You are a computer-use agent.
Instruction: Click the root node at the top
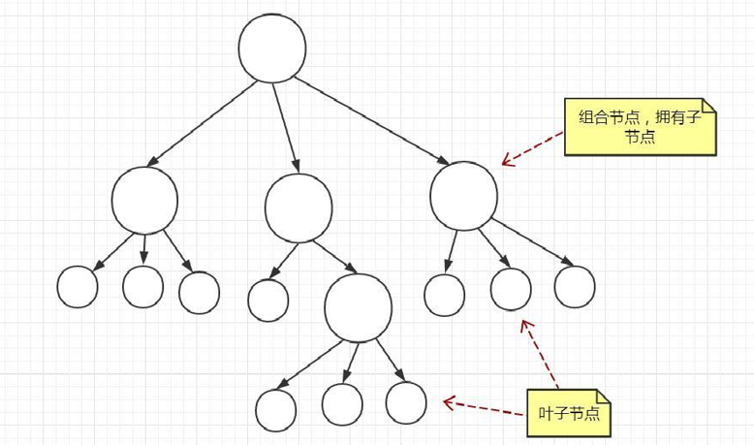pyautogui.click(x=272, y=49)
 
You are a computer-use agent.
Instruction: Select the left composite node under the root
pyautogui.click(x=144, y=201)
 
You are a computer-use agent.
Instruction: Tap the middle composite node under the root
pyautogui.click(x=298, y=208)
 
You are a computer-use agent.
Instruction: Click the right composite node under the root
pyautogui.click(x=463, y=196)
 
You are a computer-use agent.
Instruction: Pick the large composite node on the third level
pyautogui.click(x=358, y=307)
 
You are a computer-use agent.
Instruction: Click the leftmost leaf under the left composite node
pyautogui.click(x=78, y=286)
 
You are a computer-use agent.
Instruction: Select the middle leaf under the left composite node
pyautogui.click(x=142, y=285)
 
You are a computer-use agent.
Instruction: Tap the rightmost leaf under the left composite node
pyautogui.click(x=200, y=293)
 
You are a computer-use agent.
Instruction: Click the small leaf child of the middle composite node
pyautogui.click(x=267, y=300)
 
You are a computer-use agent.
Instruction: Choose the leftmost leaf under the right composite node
pyautogui.click(x=445, y=295)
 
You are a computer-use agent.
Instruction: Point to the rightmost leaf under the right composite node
pyautogui.click(x=574, y=286)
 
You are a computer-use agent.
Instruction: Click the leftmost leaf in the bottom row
pyautogui.click(x=276, y=409)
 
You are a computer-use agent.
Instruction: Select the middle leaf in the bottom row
pyautogui.click(x=341, y=404)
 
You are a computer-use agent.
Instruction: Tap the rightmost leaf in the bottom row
pyautogui.click(x=405, y=402)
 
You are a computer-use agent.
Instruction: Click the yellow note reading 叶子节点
pyautogui.click(x=569, y=413)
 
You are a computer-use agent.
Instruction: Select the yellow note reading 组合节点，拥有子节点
pyautogui.click(x=641, y=126)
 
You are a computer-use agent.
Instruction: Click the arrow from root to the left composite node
pyautogui.click(x=204, y=122)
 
